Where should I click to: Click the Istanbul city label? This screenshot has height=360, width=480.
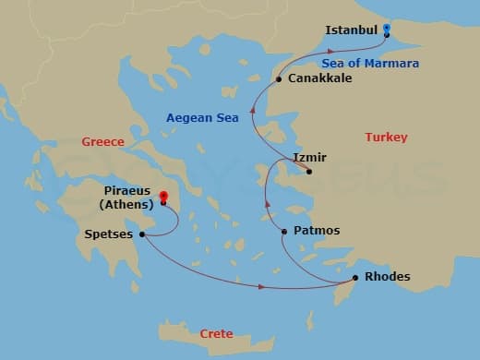pyautogui.click(x=352, y=30)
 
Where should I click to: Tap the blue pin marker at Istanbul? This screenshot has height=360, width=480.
pyautogui.click(x=387, y=29)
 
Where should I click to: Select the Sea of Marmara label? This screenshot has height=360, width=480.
pyautogui.click(x=371, y=64)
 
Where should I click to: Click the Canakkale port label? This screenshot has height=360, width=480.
pyautogui.click(x=319, y=79)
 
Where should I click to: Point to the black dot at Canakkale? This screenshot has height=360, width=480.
pyautogui.click(x=279, y=80)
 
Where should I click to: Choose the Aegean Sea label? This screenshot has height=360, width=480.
pyautogui.click(x=201, y=118)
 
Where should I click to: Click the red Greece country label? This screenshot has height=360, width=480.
pyautogui.click(x=102, y=143)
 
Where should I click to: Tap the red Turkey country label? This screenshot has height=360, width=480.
pyautogui.click(x=386, y=138)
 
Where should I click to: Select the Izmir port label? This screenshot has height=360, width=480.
pyautogui.click(x=309, y=157)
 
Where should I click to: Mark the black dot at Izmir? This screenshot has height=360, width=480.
pyautogui.click(x=309, y=171)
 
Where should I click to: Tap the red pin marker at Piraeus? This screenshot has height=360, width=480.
pyautogui.click(x=163, y=197)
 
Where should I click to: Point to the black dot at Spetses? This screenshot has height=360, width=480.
pyautogui.click(x=142, y=234)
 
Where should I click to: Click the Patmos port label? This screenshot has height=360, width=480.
pyautogui.click(x=317, y=230)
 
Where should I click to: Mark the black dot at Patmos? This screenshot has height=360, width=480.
pyautogui.click(x=284, y=231)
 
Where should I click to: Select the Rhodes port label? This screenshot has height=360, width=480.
pyautogui.click(x=388, y=276)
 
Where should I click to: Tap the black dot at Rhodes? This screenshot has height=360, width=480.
pyautogui.click(x=355, y=278)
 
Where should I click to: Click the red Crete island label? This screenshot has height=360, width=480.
pyautogui.click(x=216, y=333)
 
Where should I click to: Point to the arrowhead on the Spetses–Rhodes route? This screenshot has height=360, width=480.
pyautogui.click(x=262, y=287)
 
